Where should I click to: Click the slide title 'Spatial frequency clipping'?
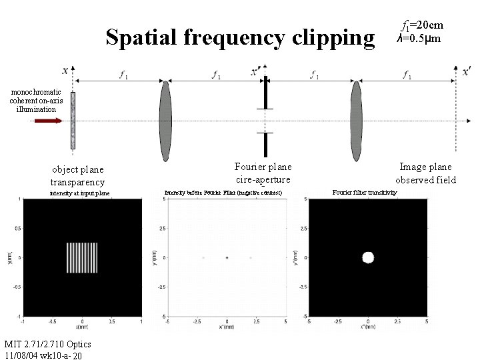point(240,38)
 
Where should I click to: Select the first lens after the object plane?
point(165,121)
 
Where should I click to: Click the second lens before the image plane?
point(357,121)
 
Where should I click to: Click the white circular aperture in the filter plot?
point(367,257)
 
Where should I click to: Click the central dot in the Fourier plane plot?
point(227,257)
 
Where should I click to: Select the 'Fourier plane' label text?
point(263,167)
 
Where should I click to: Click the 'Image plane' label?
point(425,167)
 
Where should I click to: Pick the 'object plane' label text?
point(77,169)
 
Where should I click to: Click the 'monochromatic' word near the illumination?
point(35,92)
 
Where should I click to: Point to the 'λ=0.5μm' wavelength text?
point(419,39)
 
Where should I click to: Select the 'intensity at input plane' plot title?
point(80,193)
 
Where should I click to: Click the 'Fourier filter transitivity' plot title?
point(365,193)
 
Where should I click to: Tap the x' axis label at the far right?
point(466,70)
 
